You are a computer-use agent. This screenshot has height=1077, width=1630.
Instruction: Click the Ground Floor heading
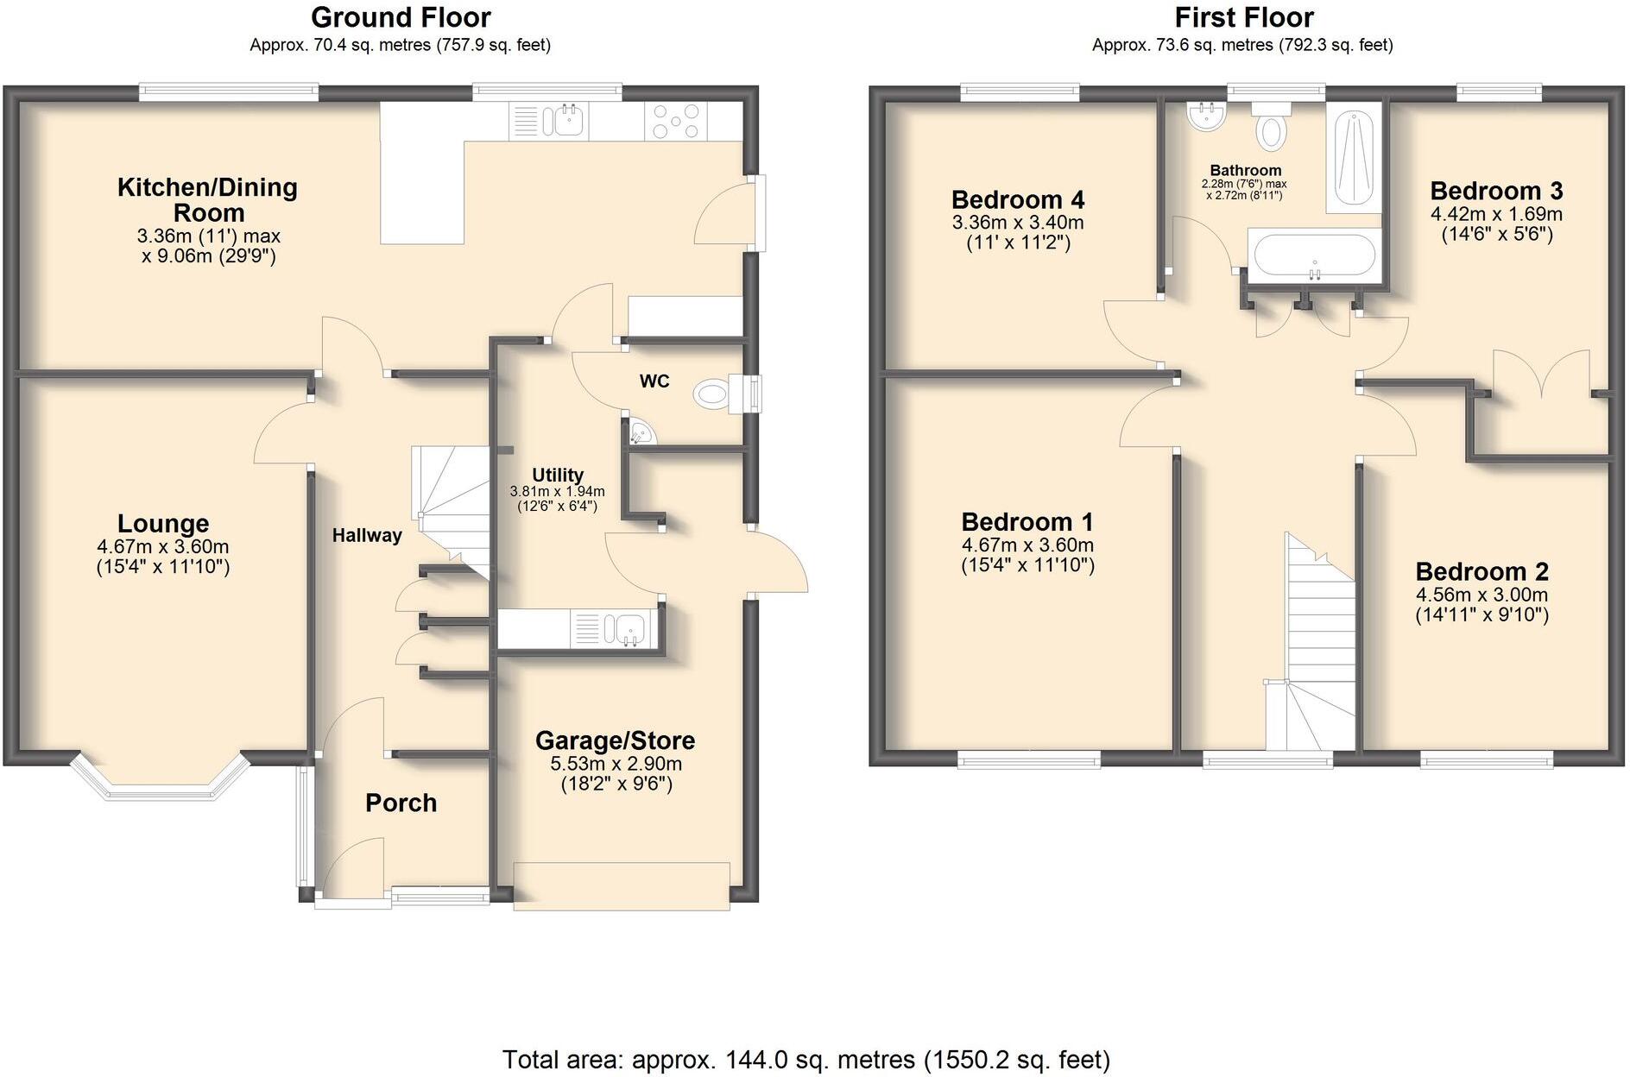[401, 17]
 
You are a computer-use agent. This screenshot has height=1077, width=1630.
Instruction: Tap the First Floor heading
[1243, 17]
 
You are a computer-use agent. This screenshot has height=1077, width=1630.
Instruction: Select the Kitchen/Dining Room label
[207, 199]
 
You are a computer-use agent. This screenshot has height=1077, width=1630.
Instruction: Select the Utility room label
[557, 475]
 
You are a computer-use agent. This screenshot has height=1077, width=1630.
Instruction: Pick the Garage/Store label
[615, 740]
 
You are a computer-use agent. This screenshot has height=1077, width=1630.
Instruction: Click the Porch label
[401, 803]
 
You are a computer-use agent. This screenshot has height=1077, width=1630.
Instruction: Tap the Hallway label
[367, 535]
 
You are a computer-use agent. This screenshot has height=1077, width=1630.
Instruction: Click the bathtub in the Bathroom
[1312, 256]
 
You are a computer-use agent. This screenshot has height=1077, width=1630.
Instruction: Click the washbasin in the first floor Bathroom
[1206, 117]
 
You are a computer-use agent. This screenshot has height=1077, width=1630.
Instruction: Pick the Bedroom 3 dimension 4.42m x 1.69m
[1496, 214]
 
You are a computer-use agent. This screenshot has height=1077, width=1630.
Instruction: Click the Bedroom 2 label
[1482, 571]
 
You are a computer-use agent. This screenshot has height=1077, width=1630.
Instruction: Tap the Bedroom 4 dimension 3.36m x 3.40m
[1018, 223]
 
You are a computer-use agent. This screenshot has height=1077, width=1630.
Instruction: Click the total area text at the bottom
[806, 1059]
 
